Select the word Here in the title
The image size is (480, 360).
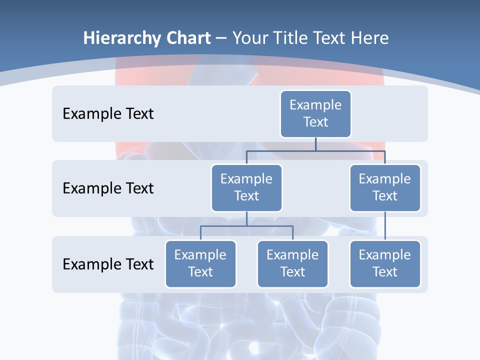click(x=370, y=38)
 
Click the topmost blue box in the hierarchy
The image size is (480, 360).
click(x=315, y=113)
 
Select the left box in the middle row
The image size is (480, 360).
click(x=246, y=187)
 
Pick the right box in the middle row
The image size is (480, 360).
click(x=385, y=187)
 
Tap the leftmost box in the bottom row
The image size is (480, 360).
click(x=200, y=263)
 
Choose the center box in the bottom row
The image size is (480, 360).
click(x=292, y=263)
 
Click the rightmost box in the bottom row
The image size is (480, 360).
click(x=385, y=263)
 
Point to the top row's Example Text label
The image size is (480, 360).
click(x=108, y=113)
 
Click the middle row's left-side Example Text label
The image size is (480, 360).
click(x=108, y=188)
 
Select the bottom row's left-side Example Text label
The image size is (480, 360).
click(x=108, y=264)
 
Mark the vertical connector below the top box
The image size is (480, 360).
click(x=315, y=144)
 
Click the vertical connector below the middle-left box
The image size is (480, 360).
click(x=246, y=219)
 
